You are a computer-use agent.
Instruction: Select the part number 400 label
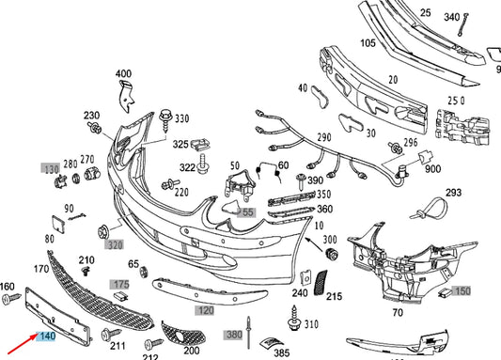click(x=124, y=73)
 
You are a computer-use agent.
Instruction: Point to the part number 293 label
click(x=453, y=193)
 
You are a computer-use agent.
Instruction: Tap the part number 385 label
click(x=280, y=352)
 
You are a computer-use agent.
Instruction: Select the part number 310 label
click(x=312, y=324)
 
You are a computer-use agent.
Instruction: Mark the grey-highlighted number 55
click(x=248, y=212)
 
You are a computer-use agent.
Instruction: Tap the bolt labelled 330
click(x=164, y=120)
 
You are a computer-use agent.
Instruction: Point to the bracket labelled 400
click(x=127, y=97)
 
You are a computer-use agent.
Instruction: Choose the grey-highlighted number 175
click(x=120, y=283)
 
